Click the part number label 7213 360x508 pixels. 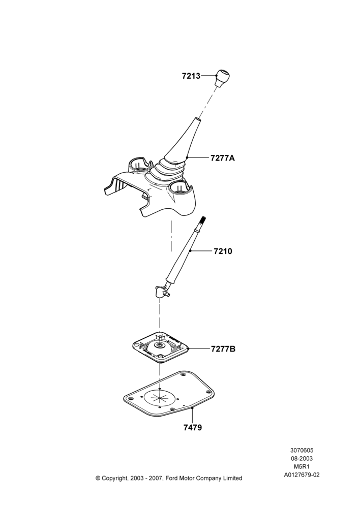[x=191, y=76]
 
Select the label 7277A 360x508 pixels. [x=223, y=158]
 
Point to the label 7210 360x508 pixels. [x=223, y=251]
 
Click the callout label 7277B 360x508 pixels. [x=223, y=349]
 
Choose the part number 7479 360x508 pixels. [x=193, y=428]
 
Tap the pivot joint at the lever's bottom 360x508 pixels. [x=162, y=291]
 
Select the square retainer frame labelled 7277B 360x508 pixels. [x=160, y=348]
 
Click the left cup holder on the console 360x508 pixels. [x=140, y=166]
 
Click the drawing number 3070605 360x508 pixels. [x=302, y=450]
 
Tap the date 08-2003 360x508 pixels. [x=302, y=458]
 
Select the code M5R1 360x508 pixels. [x=302, y=467]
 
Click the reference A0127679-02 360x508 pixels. [x=302, y=475]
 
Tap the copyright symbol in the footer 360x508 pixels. [x=98, y=478]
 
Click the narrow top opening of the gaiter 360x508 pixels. [x=197, y=120]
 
